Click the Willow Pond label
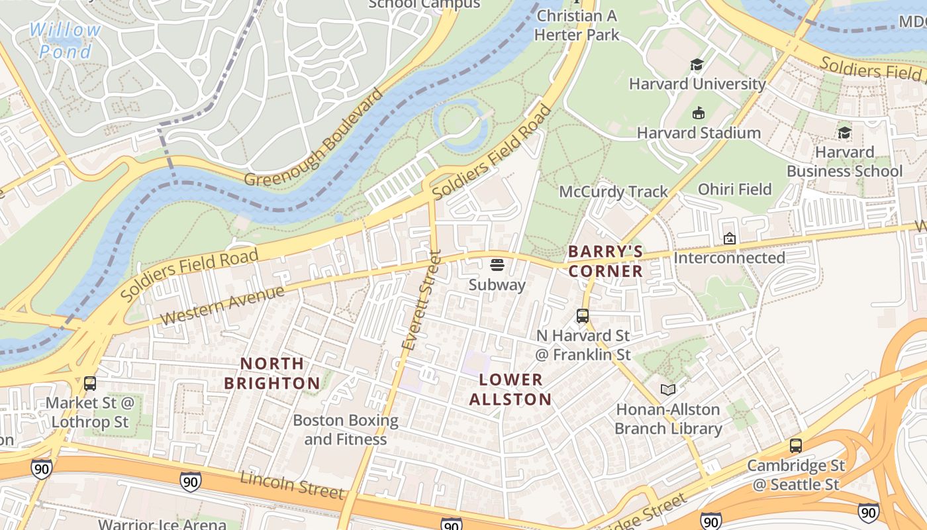click(65, 40)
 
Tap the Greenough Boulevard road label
click(314, 137)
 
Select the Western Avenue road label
click(222, 305)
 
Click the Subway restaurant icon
click(497, 266)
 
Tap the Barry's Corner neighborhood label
click(605, 261)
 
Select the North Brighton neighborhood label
click(271, 373)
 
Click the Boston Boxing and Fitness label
click(345, 429)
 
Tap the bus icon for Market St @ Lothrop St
click(89, 383)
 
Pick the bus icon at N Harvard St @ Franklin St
click(582, 316)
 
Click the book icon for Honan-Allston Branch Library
click(668, 390)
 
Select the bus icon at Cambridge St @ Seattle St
click(796, 446)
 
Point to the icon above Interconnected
click(729, 238)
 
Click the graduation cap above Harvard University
click(697, 64)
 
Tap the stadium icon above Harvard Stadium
click(698, 113)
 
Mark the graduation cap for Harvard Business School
click(844, 132)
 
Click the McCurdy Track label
click(614, 191)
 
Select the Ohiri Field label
click(735, 189)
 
